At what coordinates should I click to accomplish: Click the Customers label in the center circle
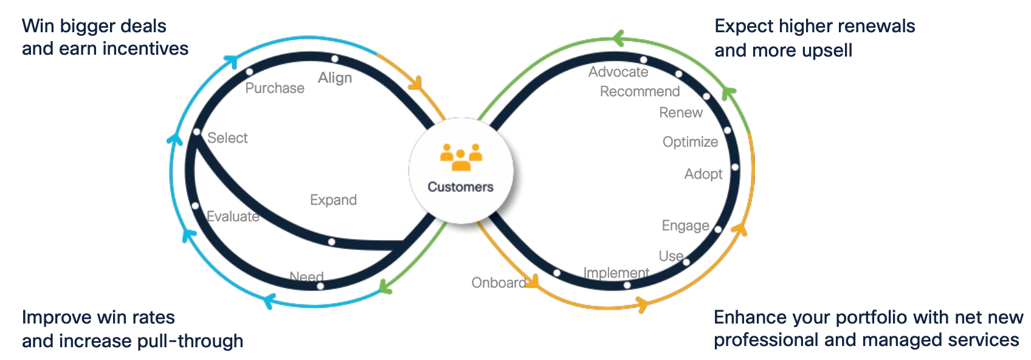tap(460, 187)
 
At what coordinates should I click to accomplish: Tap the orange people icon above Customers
tap(461, 157)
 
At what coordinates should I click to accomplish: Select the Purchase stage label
tap(275, 88)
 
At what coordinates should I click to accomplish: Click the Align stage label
tap(335, 78)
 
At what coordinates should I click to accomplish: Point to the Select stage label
tap(227, 138)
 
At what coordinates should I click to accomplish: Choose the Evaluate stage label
tap(233, 216)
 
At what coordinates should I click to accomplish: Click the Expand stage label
tap(333, 200)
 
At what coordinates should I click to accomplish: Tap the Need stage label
tap(306, 277)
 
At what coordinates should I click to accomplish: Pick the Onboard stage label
tap(498, 283)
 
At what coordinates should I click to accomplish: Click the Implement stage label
tap(616, 273)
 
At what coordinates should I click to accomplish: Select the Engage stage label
tap(685, 226)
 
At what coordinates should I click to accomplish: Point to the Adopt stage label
tap(703, 174)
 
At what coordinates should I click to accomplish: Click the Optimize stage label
tap(690, 142)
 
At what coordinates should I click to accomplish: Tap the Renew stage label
tap(681, 112)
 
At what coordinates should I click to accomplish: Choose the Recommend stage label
tap(640, 91)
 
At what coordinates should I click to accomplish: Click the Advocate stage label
tap(618, 72)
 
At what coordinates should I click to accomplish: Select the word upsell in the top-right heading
tap(824, 50)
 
